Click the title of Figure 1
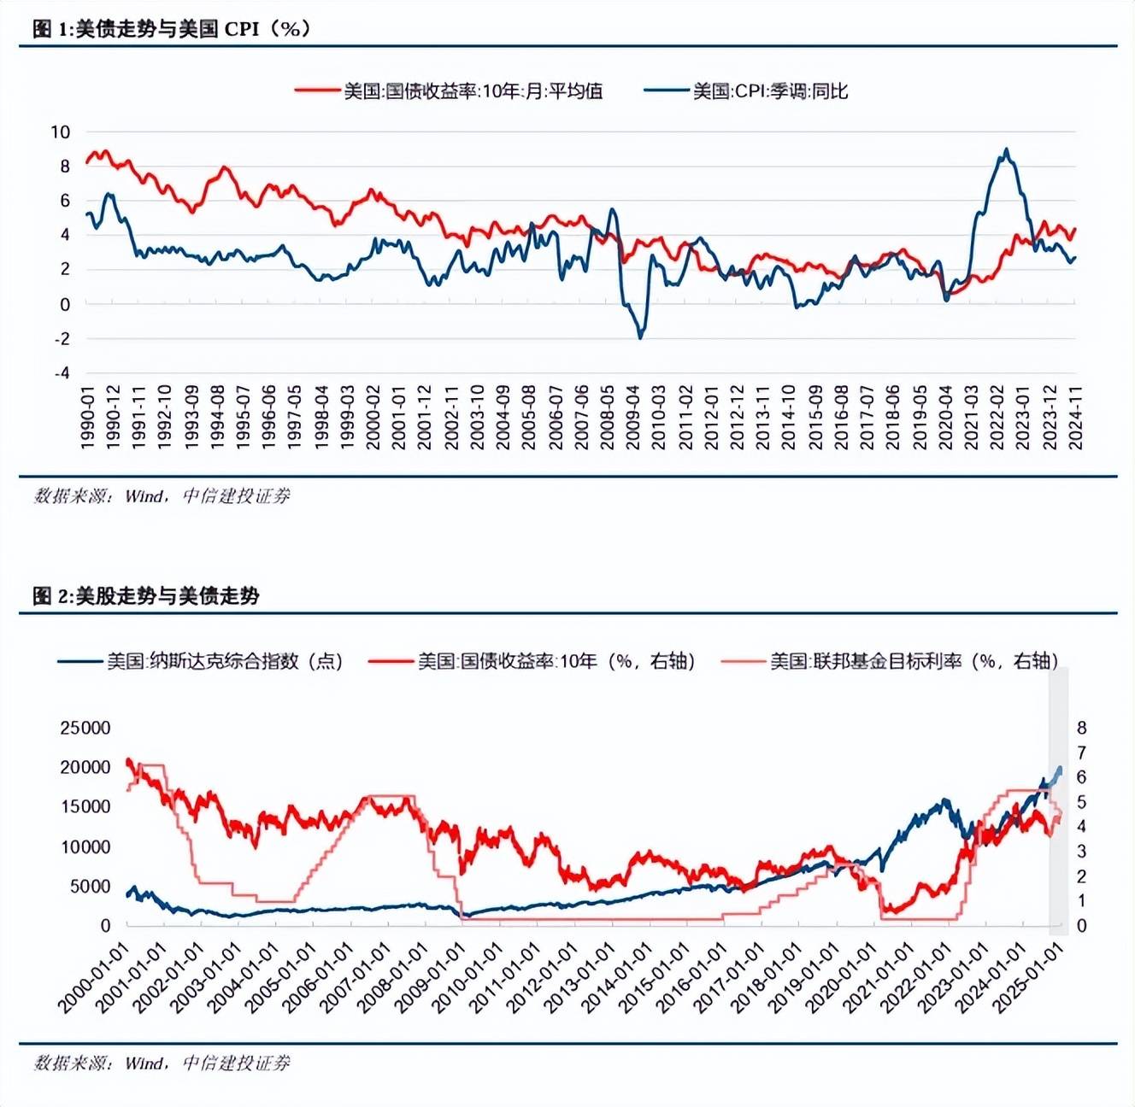[x=171, y=28]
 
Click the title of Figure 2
[x=145, y=595]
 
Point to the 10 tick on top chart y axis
[x=60, y=132]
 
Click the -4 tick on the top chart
[x=62, y=373]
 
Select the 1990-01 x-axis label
[x=87, y=416]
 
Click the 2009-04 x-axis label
[x=633, y=416]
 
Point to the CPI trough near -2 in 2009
[x=640, y=337]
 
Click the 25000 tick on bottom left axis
[x=85, y=728]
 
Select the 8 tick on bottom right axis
[x=1081, y=728]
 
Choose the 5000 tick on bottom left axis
[x=90, y=887]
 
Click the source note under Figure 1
[x=162, y=496]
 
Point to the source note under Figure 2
[x=162, y=1063]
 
